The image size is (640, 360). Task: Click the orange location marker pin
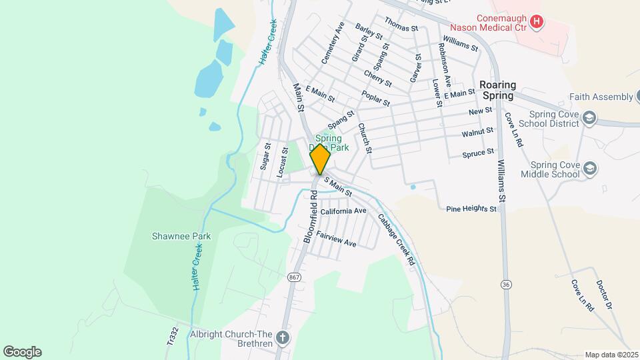click(x=320, y=159)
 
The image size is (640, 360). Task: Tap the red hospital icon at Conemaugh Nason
click(x=537, y=23)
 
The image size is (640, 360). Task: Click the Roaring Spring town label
click(x=497, y=90)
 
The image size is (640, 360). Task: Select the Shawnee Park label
click(x=181, y=236)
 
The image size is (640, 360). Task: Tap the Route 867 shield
click(x=293, y=277)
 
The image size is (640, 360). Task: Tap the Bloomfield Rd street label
click(x=309, y=217)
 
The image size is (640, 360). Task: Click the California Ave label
click(x=343, y=211)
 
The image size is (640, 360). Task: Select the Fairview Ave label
click(x=337, y=239)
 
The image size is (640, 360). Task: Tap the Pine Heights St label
click(x=471, y=209)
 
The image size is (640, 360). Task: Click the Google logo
click(x=22, y=352)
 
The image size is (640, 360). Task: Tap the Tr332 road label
click(x=172, y=336)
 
